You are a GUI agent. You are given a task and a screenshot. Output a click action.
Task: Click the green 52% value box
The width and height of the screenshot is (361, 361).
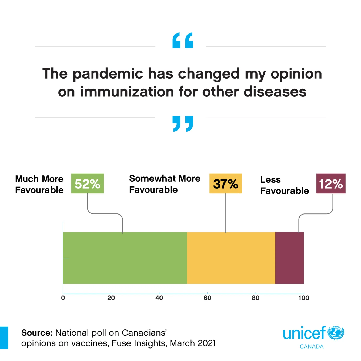click(87, 184)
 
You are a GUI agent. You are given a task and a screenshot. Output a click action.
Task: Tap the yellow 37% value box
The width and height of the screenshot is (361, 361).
click(226, 184)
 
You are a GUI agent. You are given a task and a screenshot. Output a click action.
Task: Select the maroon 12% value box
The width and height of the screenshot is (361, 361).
click(331, 184)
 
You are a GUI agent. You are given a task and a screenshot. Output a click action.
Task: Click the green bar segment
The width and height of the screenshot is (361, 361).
click(125, 258)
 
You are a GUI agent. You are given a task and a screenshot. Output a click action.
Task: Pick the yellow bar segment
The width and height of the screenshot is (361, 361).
click(231, 258)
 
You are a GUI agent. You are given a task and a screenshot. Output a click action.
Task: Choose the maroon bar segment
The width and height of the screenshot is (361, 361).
click(289, 258)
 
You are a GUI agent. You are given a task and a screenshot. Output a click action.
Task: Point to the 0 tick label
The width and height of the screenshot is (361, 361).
click(63, 298)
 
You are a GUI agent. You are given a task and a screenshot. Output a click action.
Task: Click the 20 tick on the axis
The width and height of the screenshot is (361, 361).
click(111, 298)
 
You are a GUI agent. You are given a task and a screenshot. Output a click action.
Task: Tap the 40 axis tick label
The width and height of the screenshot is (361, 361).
click(159, 298)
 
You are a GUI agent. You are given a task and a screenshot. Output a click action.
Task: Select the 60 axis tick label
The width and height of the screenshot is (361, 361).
click(207, 298)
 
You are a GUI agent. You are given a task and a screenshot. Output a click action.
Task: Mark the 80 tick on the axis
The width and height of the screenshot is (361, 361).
click(255, 298)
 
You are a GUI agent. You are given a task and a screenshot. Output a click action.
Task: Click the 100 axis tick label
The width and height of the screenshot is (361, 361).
click(304, 298)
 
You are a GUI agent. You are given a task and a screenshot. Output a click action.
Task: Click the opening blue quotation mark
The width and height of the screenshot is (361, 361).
click(183, 41)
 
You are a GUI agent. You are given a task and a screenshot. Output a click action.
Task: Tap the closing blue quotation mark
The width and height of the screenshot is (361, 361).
click(183, 124)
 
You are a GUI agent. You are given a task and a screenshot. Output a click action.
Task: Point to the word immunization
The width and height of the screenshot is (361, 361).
click(127, 92)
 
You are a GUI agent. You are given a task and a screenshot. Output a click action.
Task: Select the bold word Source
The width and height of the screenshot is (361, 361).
click(37, 333)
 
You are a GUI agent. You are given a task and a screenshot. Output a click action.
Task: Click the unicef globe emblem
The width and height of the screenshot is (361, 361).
click(336, 333)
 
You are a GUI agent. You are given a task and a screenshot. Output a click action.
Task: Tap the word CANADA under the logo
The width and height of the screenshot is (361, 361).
click(312, 347)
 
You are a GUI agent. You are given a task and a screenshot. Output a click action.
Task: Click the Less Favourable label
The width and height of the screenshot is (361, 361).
click(284, 185)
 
